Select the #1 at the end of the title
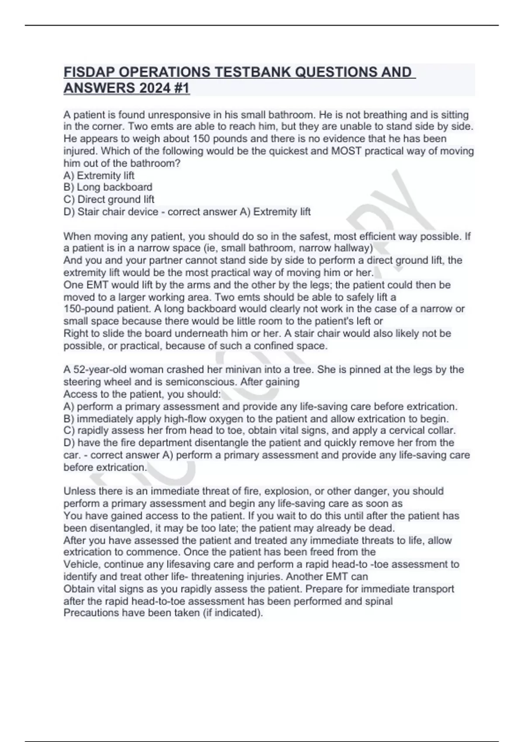click(x=181, y=88)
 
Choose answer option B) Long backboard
click(x=108, y=187)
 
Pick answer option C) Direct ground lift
click(x=109, y=199)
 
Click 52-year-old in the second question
click(x=102, y=370)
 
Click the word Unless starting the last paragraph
click(x=80, y=491)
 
